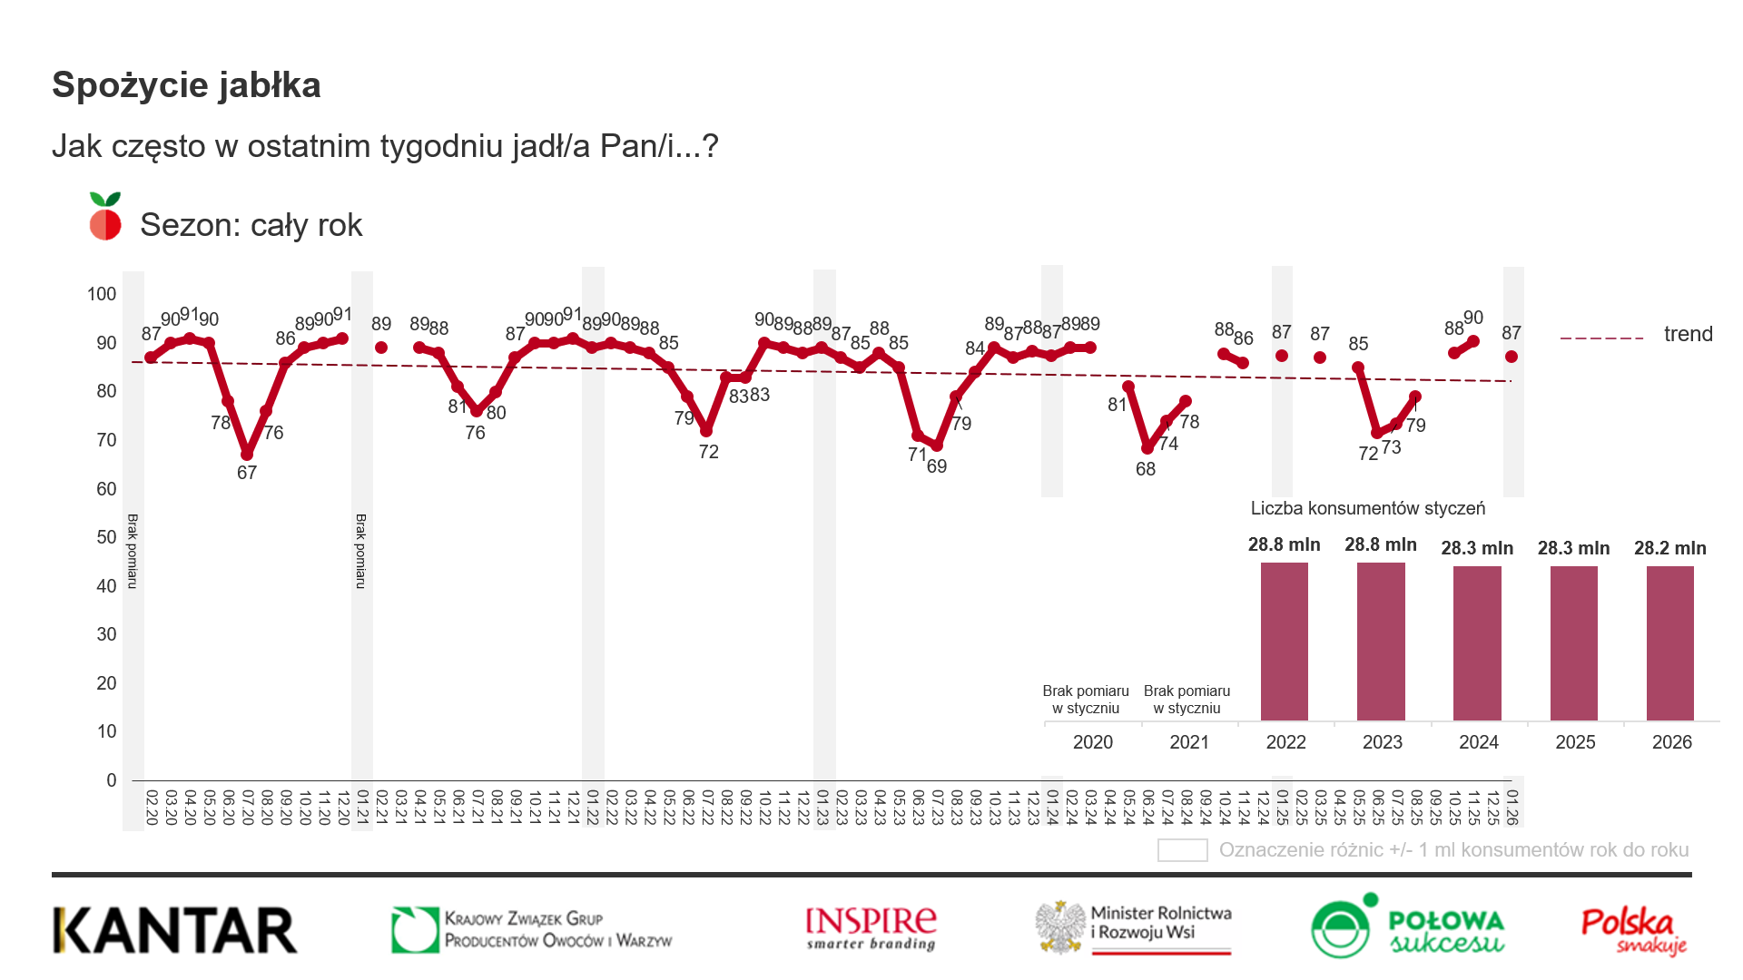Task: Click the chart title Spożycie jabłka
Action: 186,85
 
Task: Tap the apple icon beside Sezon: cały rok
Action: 105,218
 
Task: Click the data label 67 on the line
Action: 247,473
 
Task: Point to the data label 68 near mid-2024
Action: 1146,469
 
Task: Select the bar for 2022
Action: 1285,642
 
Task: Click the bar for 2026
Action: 1670,643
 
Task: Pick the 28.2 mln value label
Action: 1670,548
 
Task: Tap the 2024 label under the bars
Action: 1479,742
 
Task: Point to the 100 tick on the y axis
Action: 102,294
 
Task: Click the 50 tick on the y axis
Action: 106,537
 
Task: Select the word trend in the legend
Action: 1688,334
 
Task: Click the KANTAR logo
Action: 175,931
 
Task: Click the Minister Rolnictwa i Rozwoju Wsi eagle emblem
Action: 1061,927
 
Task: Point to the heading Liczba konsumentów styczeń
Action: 1368,508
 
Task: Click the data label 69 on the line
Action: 937,466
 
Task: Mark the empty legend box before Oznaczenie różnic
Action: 1182,850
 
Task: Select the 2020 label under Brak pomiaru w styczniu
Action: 1092,742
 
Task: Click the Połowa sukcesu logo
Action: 1408,927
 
